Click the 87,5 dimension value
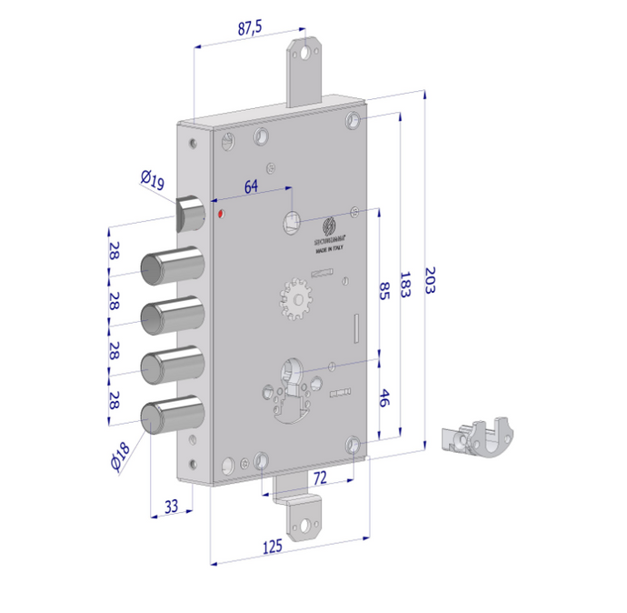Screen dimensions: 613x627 pyautogui.click(x=250, y=28)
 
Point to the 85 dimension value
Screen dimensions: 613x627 pyautogui.click(x=383, y=292)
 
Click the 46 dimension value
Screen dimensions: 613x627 pyautogui.click(x=383, y=397)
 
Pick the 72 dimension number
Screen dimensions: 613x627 pyautogui.click(x=320, y=476)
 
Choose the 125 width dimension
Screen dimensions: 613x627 pyautogui.click(x=273, y=546)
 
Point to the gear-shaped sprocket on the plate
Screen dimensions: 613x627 pyautogui.click(x=294, y=299)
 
